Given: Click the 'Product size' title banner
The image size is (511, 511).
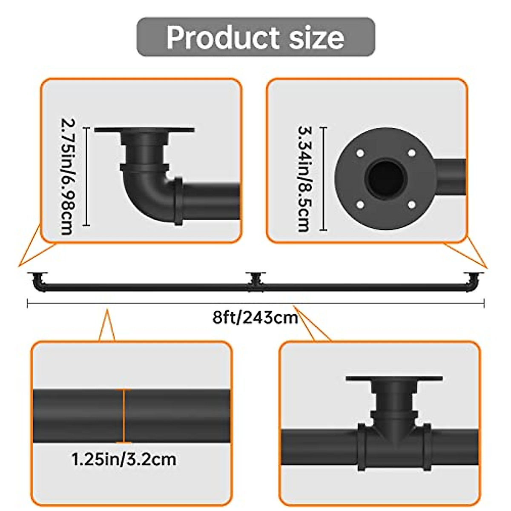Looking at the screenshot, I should coord(255,37).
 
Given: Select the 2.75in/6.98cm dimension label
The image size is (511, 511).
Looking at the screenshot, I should coord(67,176).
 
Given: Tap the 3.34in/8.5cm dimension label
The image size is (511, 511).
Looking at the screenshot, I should coord(304,179).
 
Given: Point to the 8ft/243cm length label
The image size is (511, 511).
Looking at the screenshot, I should coord(255,318).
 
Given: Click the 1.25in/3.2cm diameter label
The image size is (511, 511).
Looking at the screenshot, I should coord(124,459).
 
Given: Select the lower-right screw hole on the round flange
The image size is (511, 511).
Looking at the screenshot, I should coord(411,205).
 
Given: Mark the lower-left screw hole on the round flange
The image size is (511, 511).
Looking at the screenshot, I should coord(360,205).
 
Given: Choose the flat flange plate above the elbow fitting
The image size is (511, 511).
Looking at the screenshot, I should coord(144,130).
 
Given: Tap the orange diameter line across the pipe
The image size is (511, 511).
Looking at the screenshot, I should coord(124,416).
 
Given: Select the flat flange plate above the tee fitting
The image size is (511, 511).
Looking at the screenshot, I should coord(394,378).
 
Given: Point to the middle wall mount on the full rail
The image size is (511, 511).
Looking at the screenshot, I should coord(255,281).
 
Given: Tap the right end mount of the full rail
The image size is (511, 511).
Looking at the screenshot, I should coord(474,281).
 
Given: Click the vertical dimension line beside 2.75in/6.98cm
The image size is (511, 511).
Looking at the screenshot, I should coord(87,176).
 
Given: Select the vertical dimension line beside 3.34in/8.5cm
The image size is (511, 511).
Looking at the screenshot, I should coord(324,179).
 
